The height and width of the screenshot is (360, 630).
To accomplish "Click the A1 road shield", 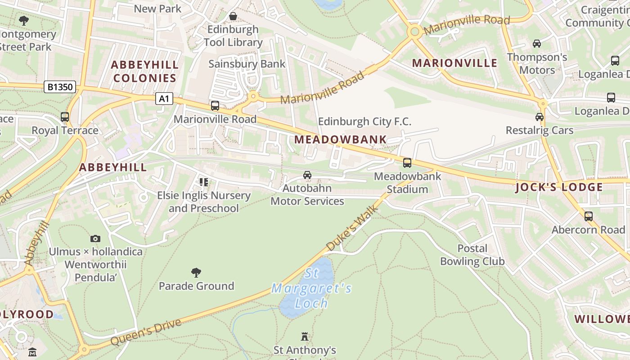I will (164, 99).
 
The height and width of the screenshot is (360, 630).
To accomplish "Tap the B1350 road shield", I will (59, 87).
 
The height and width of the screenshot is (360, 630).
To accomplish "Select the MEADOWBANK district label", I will (341, 139).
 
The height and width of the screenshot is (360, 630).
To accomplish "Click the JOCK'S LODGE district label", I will (559, 187).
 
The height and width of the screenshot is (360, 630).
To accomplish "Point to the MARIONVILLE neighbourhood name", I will (454, 63).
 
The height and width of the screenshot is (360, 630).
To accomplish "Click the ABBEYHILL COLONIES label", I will (144, 72).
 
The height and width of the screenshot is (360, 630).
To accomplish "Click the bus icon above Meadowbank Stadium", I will (407, 163).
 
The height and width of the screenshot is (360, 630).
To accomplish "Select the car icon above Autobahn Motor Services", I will (307, 175).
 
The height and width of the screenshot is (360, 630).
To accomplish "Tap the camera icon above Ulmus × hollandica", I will (95, 238).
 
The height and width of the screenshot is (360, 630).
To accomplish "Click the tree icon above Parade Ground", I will (196, 272).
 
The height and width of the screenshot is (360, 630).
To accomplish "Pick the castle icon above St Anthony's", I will (305, 337).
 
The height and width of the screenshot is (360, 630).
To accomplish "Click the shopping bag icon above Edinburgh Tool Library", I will (233, 16).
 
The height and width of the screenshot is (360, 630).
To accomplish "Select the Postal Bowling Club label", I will (472, 255).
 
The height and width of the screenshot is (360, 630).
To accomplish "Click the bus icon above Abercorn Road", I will (588, 216).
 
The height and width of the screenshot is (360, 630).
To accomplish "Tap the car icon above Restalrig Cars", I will (539, 117).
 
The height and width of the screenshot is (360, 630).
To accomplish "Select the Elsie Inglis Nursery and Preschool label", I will (203, 202).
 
